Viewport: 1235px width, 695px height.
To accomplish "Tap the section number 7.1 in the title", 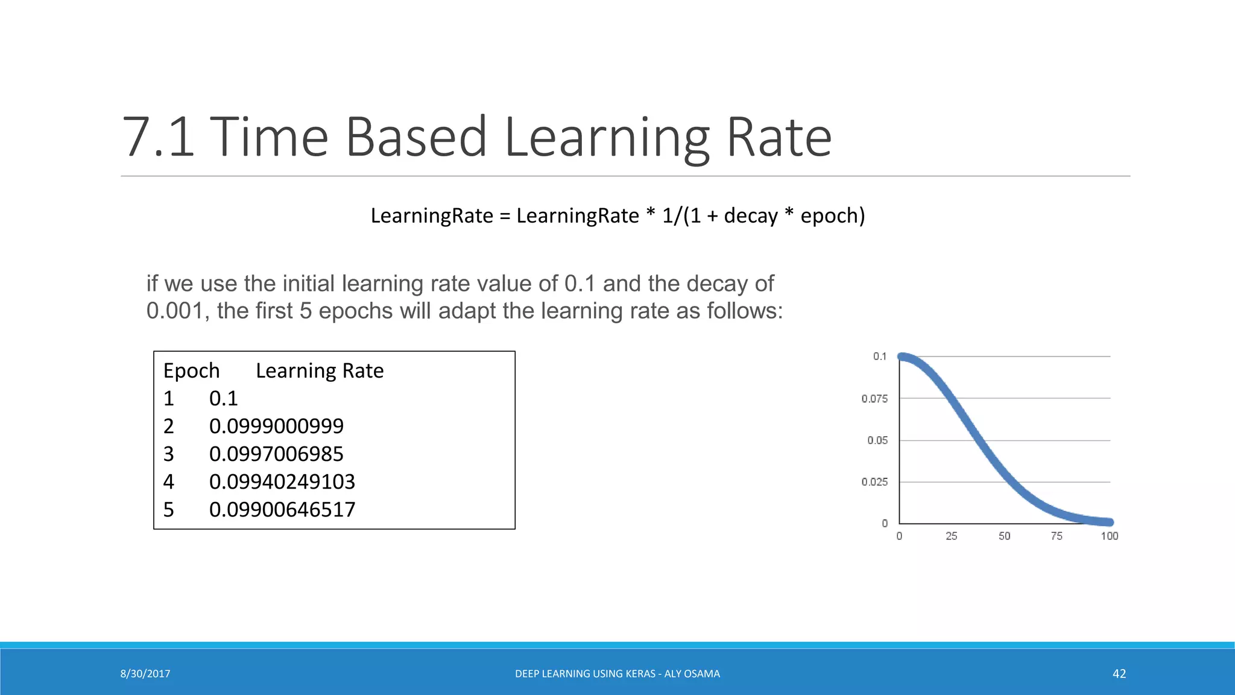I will tap(158, 138).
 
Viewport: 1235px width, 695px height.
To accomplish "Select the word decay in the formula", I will tap(751, 215).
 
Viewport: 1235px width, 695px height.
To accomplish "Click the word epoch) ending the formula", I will tap(833, 216).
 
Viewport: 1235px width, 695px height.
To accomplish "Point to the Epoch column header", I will tap(191, 370).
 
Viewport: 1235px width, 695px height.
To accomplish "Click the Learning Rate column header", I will tap(320, 370).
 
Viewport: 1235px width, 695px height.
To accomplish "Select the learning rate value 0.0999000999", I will tap(276, 426).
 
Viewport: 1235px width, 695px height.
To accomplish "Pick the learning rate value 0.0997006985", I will tap(276, 454).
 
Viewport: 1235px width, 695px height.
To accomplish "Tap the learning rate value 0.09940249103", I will tap(282, 481).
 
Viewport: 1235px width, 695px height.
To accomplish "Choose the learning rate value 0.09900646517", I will tap(282, 509).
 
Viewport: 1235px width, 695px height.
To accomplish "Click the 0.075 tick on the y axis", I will tap(874, 399).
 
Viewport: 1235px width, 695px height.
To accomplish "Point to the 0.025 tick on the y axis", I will tap(874, 482).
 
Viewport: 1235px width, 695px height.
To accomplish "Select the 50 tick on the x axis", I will tap(1004, 536).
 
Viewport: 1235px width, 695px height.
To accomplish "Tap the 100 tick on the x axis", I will tap(1109, 536).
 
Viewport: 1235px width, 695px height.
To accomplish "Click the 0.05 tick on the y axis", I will tap(877, 440).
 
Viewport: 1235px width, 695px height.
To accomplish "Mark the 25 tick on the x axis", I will tap(952, 536).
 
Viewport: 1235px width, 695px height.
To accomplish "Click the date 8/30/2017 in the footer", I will tap(145, 674).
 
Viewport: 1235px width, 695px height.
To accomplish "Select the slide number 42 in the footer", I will tap(1119, 674).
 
